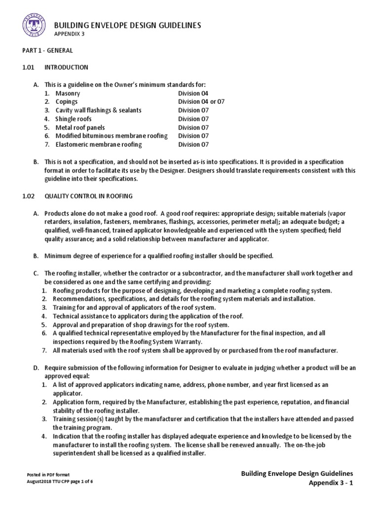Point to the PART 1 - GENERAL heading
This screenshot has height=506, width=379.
[48, 50]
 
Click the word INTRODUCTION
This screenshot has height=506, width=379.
[66, 67]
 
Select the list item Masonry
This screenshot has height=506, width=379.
[68, 93]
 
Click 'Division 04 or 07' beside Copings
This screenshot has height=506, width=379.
[201, 102]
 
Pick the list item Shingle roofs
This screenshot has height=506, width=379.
[74, 119]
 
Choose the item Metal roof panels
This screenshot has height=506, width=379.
[80, 127]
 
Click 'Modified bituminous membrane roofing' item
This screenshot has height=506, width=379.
[112, 136]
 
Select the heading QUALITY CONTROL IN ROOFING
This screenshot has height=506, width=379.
[88, 196]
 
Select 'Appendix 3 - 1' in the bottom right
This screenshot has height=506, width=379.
[331, 483]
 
